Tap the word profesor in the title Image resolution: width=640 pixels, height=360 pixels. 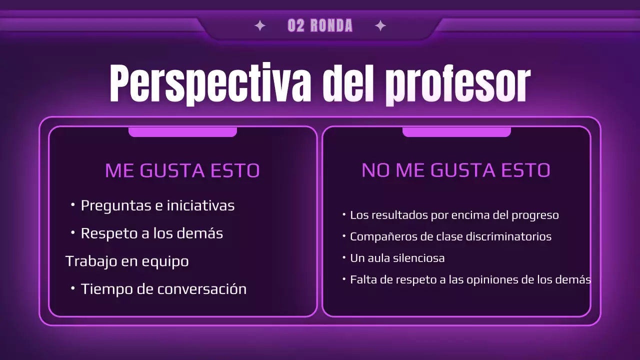(x=457, y=84)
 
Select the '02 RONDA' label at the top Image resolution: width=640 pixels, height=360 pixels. (x=320, y=26)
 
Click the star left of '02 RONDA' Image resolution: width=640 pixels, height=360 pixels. (x=260, y=26)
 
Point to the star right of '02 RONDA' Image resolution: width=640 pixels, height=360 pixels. (x=380, y=26)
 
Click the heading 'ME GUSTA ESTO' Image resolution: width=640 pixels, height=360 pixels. (x=182, y=170)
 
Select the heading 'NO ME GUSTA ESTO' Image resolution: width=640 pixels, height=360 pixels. (x=456, y=170)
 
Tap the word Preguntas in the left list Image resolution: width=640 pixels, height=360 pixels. (x=115, y=205)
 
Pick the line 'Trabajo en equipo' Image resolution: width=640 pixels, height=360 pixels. (x=127, y=261)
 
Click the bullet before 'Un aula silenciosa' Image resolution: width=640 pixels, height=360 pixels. (x=344, y=257)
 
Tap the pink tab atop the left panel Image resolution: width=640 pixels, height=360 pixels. (x=182, y=132)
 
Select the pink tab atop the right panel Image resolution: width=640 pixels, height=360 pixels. (x=456, y=132)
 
